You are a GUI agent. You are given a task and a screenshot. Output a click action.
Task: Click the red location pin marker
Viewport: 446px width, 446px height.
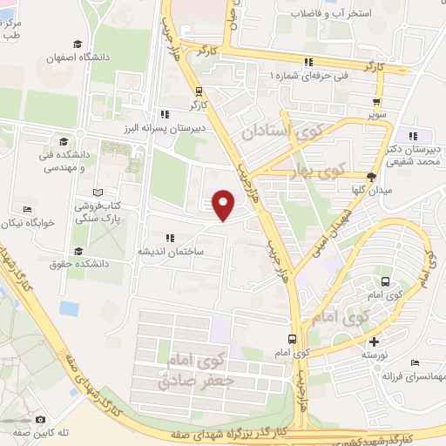point(224,204)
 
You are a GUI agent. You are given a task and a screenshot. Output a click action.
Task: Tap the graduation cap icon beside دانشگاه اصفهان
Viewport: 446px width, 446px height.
point(78,44)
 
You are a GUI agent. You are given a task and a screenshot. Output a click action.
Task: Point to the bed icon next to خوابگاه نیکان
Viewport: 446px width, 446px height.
point(28,209)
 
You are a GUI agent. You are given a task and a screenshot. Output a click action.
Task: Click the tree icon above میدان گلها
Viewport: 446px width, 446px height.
point(372,175)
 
